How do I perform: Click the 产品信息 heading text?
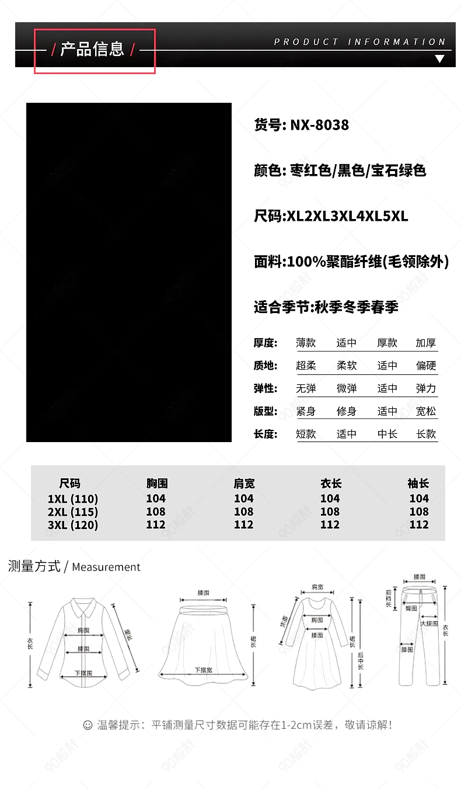(93, 49)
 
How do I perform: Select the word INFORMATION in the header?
(397, 42)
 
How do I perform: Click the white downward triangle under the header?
(439, 58)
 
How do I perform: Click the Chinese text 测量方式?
(34, 566)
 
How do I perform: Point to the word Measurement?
(106, 566)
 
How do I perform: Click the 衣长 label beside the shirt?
(30, 642)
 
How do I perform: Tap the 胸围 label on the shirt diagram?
(83, 631)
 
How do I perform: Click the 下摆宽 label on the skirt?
(204, 670)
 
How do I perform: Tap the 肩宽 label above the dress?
(317, 587)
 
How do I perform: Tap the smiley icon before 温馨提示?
(88, 725)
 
